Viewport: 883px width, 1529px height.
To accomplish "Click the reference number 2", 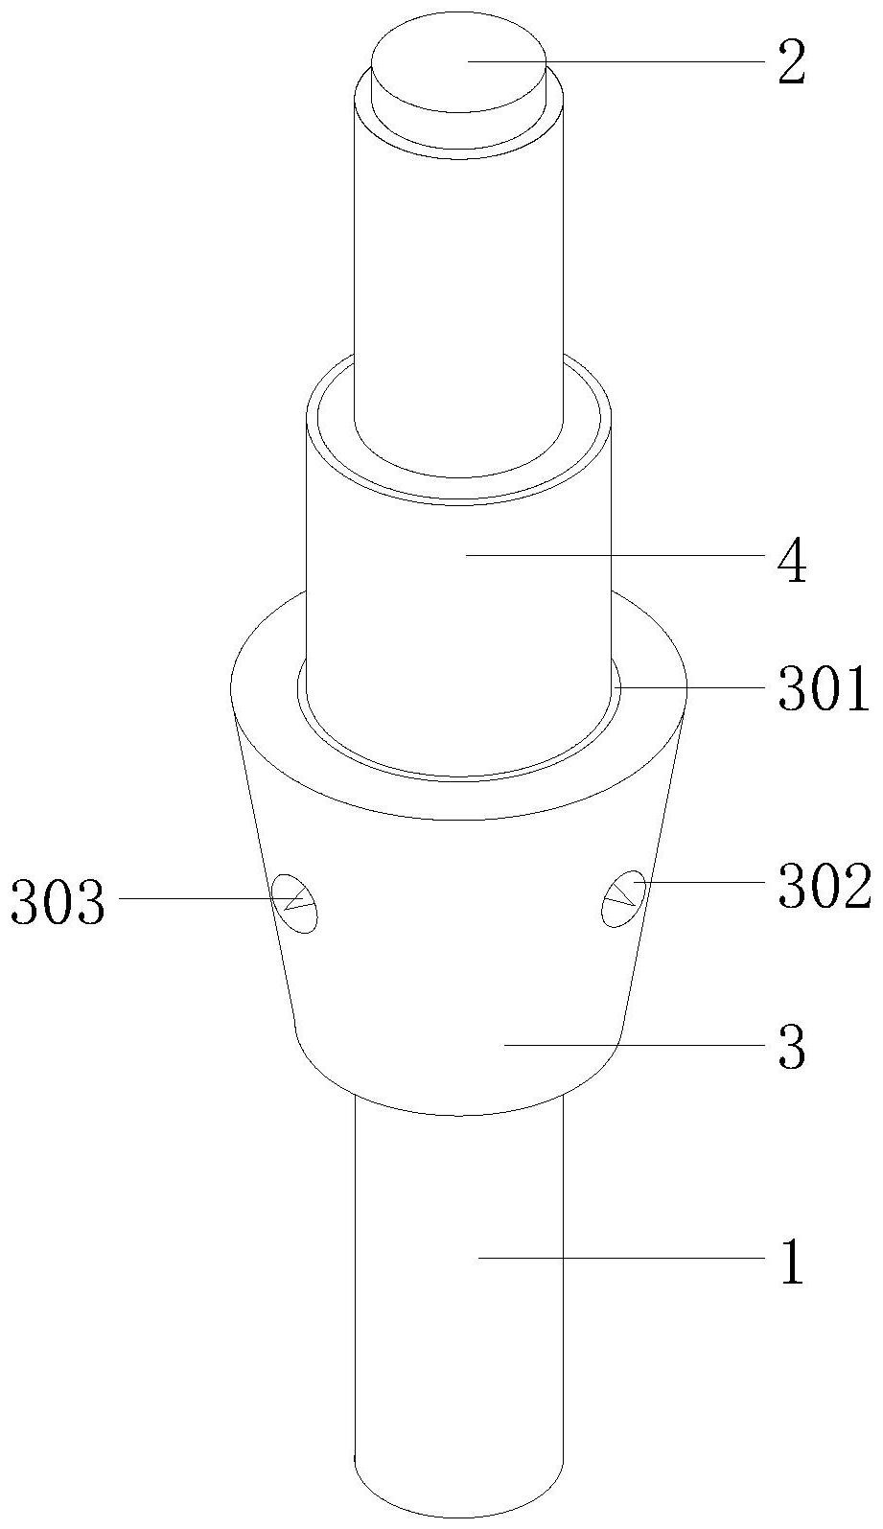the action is pos(792,63).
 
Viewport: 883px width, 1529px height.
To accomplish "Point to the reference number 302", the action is pos(825,887).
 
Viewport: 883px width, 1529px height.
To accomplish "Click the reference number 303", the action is pos(58,902).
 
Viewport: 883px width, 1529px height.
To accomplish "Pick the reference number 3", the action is pos(792,1047).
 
